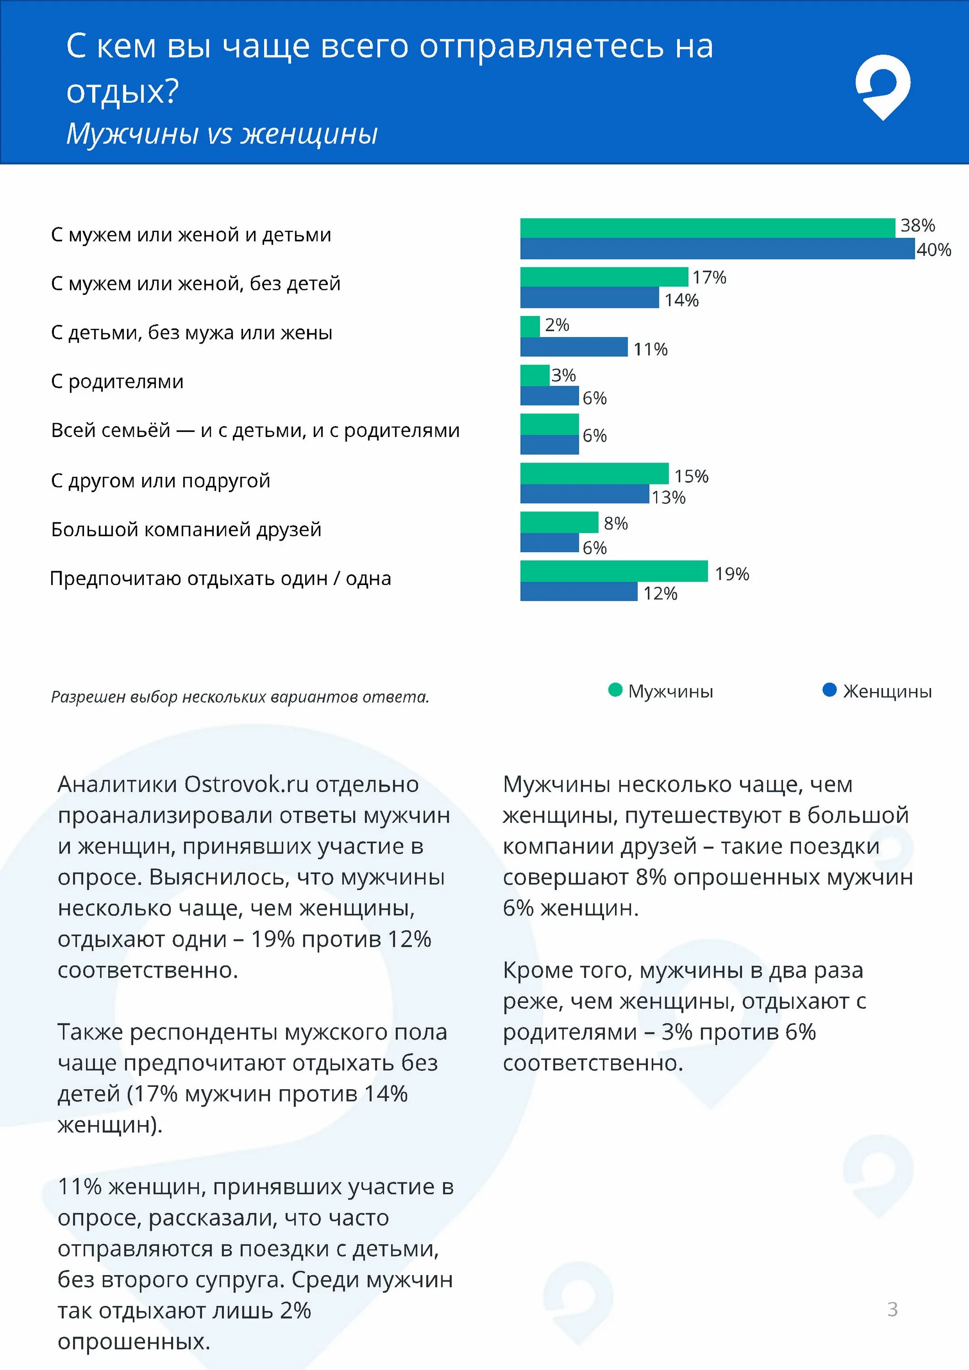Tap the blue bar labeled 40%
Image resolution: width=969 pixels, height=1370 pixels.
(x=716, y=249)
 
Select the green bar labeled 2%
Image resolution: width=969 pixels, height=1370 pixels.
(x=530, y=327)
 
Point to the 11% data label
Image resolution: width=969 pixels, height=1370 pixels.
(x=650, y=349)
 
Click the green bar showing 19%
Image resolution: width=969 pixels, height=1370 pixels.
(x=613, y=571)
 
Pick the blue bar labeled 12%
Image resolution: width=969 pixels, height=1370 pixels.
(x=578, y=591)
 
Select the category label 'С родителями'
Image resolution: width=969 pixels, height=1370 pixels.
(x=117, y=381)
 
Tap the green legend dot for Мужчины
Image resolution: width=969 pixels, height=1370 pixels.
(x=615, y=690)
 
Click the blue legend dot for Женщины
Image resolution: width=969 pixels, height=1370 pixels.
(x=829, y=690)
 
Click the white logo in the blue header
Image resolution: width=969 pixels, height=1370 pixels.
(x=883, y=86)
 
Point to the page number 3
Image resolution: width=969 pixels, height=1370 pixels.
(x=892, y=1308)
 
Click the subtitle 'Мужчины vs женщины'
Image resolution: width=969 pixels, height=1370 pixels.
(x=222, y=133)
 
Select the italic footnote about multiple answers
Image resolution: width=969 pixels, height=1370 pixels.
(x=240, y=696)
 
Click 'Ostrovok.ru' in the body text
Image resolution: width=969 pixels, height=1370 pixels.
(x=246, y=784)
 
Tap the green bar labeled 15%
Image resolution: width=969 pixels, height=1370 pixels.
(x=594, y=473)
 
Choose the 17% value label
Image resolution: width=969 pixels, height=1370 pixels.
(x=709, y=278)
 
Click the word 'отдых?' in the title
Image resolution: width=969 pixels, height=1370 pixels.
(x=122, y=92)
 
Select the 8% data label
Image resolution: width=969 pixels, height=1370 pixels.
(x=615, y=523)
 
